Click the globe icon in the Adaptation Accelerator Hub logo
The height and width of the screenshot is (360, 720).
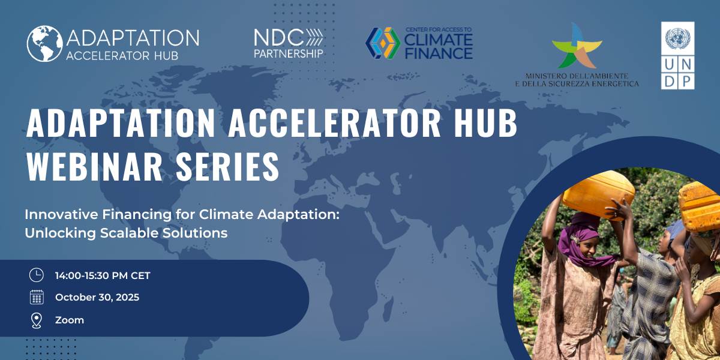coord(44,43)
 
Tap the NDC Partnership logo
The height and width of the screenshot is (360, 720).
coord(289,43)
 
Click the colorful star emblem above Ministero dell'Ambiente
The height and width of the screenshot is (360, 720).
coord(574,46)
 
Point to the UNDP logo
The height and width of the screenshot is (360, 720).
coord(677,55)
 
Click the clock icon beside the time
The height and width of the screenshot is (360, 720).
coord(37,275)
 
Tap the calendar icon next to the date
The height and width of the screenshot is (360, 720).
coord(37,297)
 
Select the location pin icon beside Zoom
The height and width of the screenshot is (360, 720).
coord(37,320)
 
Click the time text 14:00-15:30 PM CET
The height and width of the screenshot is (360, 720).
coord(103,276)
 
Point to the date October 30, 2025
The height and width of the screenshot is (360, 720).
coord(97,298)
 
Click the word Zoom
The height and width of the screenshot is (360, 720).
coord(70,320)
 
